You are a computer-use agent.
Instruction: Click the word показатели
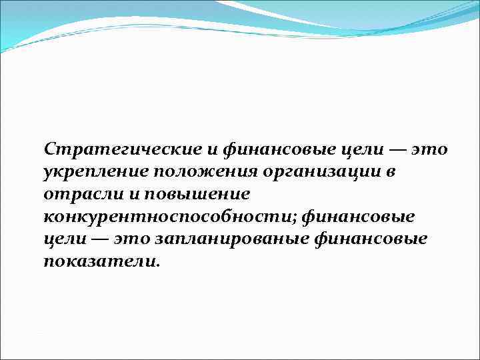[x=100, y=262]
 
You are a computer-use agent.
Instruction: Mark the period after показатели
[x=158, y=265]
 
